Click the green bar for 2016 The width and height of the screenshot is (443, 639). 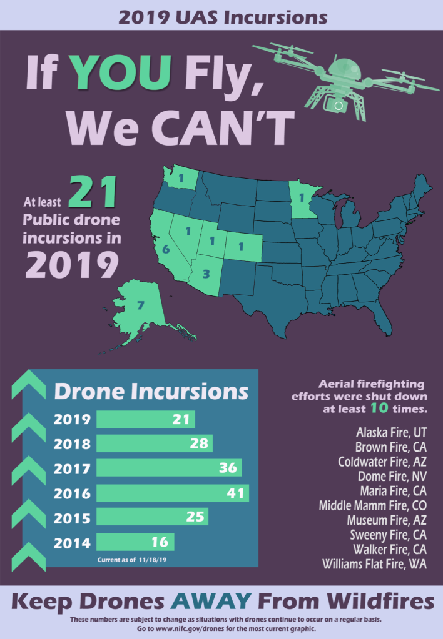coord(172,493)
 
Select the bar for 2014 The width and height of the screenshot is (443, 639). coord(135,542)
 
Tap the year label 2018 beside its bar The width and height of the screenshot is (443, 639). coord(72,444)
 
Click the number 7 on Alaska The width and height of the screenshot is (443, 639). coord(140,306)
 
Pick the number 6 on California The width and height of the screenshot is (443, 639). coord(166,249)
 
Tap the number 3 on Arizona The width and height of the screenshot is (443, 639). coord(207,274)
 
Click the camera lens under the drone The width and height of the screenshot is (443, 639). coord(339,106)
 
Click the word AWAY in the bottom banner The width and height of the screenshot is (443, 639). coord(213,602)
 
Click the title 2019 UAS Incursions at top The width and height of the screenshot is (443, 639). coord(221,17)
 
